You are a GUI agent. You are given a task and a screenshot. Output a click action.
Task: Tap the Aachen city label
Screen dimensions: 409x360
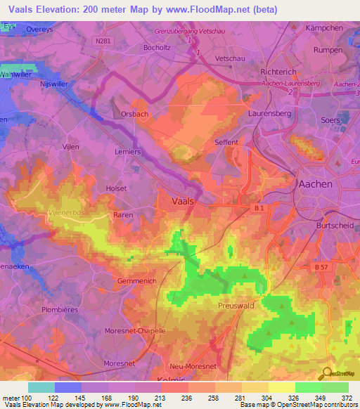(315, 183)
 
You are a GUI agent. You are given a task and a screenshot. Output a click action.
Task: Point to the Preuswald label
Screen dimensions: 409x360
(237, 306)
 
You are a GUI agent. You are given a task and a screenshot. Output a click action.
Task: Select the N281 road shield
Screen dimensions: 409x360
(102, 41)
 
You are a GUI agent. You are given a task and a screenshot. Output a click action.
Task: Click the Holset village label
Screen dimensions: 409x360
(116, 188)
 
